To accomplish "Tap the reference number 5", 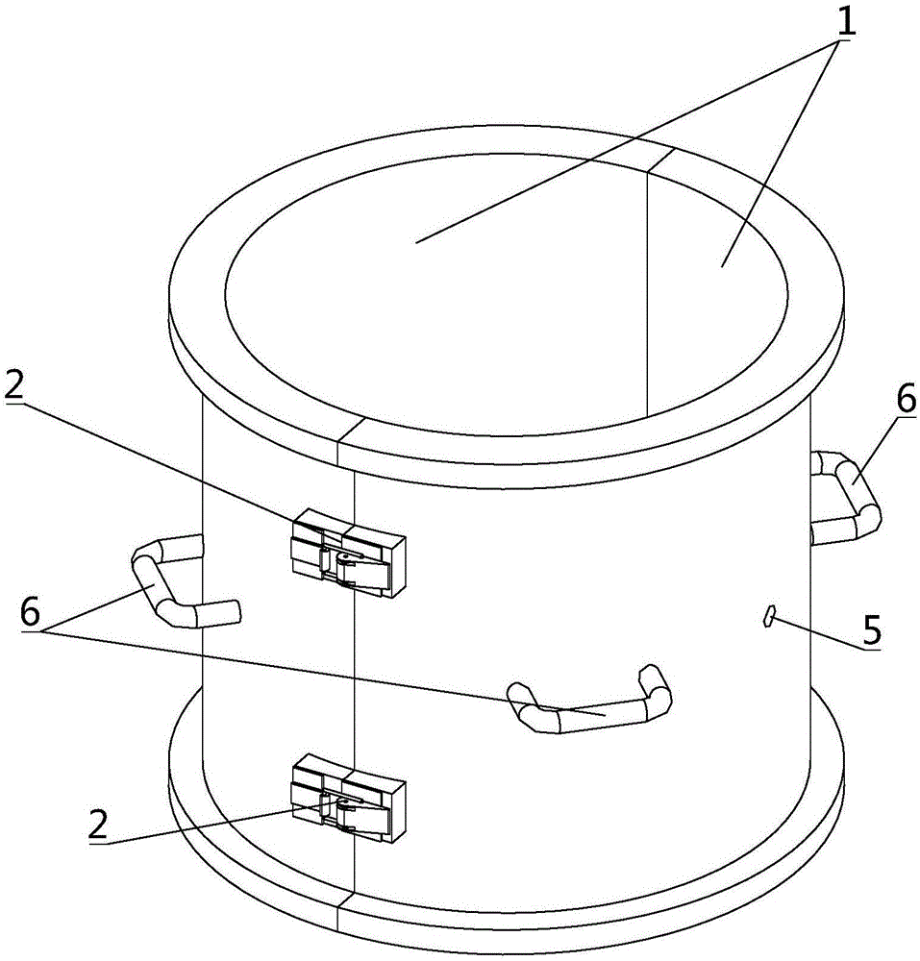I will pyautogui.click(x=871, y=629).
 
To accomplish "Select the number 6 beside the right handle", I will pyautogui.click(x=906, y=402).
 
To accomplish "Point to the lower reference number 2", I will pyautogui.click(x=99, y=825).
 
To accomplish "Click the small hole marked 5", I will pyautogui.click(x=769, y=616).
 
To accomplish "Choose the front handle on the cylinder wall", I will pyautogui.click(x=588, y=709).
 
